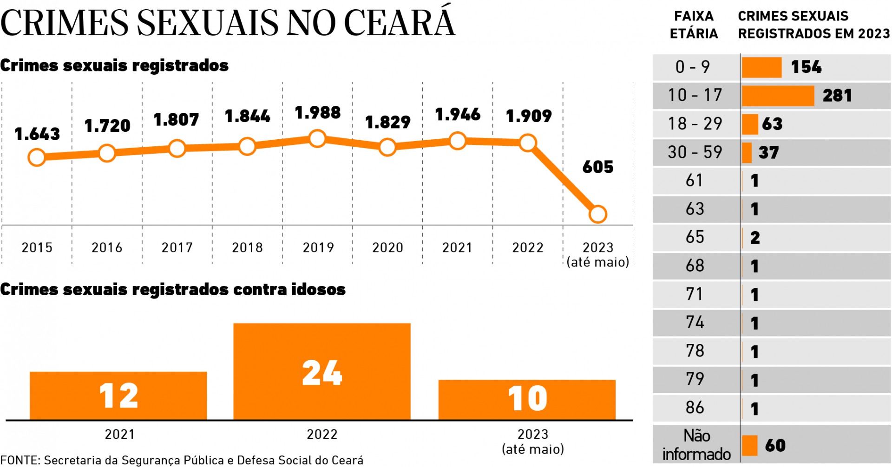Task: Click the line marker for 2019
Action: pos(317,138)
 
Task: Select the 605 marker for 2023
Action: pos(597,214)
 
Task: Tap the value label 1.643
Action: pos(37,134)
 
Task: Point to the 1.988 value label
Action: pos(318,113)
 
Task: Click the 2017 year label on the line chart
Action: pos(177,247)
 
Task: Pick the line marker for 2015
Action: pos(37,157)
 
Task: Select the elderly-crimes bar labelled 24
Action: pos(321,371)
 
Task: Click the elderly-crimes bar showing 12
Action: pos(118,396)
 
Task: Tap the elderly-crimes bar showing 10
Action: pos(527,399)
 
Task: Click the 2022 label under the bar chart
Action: pos(321,435)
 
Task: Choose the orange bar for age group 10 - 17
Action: pos(778,96)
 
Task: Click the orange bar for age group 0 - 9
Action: pos(761,67)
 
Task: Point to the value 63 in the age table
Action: pos(772,124)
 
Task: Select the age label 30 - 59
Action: pos(695,152)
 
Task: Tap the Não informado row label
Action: pos(696,445)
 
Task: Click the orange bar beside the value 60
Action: pos(749,445)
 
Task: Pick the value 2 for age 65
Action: pos(755,238)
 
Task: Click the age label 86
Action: pos(695,408)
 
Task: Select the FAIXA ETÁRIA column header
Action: pos(694,25)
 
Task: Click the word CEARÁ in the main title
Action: pos(399,22)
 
